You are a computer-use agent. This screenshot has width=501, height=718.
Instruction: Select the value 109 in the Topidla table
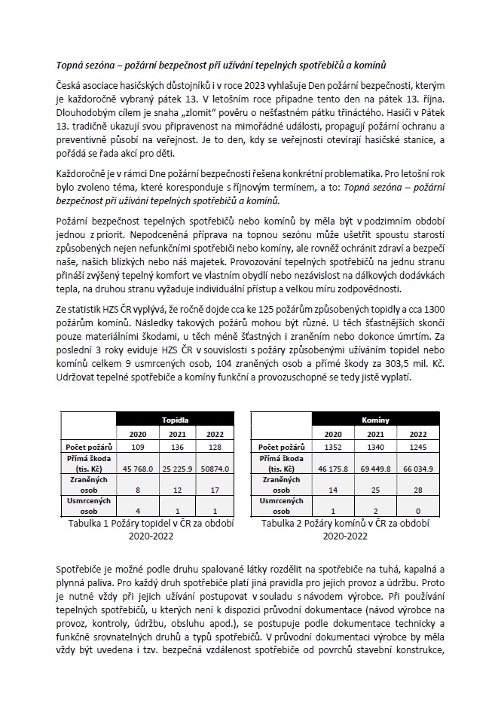138,448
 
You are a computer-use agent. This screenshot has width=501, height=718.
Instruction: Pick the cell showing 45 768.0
138,469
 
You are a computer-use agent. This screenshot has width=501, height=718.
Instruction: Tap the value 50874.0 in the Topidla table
216,469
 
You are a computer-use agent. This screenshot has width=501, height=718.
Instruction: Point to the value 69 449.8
375,469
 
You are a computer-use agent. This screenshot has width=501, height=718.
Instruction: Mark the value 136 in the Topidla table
177,448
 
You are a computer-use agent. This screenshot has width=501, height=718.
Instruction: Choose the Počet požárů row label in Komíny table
282,448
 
